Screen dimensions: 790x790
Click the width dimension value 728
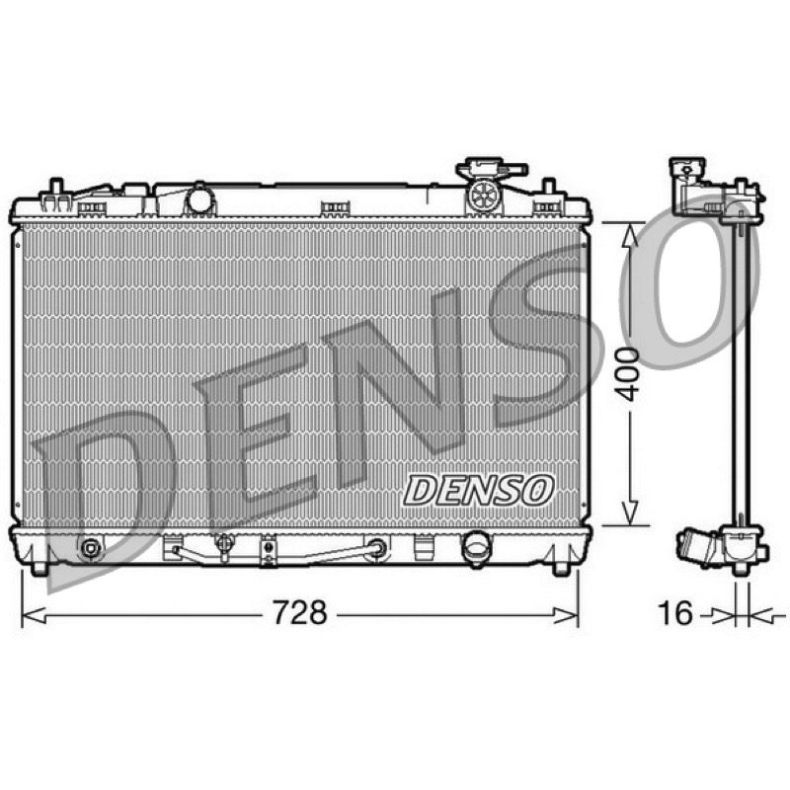click(x=300, y=612)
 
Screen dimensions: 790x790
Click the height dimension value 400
click(x=628, y=374)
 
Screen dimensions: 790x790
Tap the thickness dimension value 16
click(x=675, y=613)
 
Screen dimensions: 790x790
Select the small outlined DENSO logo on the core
click(x=479, y=490)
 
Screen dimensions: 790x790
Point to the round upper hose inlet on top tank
click(x=200, y=199)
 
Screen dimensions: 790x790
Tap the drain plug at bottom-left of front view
click(x=90, y=548)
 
